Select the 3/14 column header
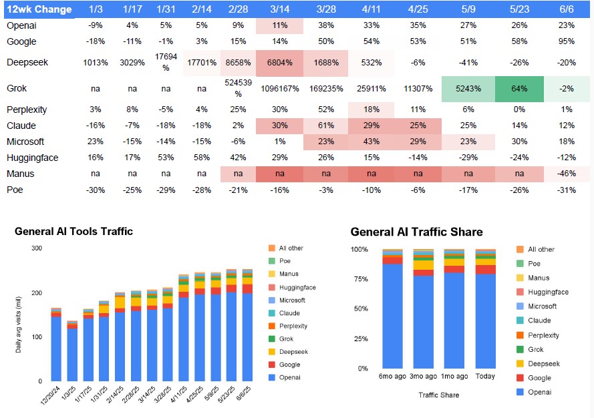[279, 10]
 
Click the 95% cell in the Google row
[567, 41]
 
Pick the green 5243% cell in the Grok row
[468, 89]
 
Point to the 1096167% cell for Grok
[279, 89]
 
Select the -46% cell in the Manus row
[567, 174]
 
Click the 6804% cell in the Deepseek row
[279, 62]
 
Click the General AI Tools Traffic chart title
[73, 232]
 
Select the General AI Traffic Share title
[416, 232]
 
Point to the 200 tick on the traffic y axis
[38, 292]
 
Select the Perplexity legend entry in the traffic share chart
[543, 335]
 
